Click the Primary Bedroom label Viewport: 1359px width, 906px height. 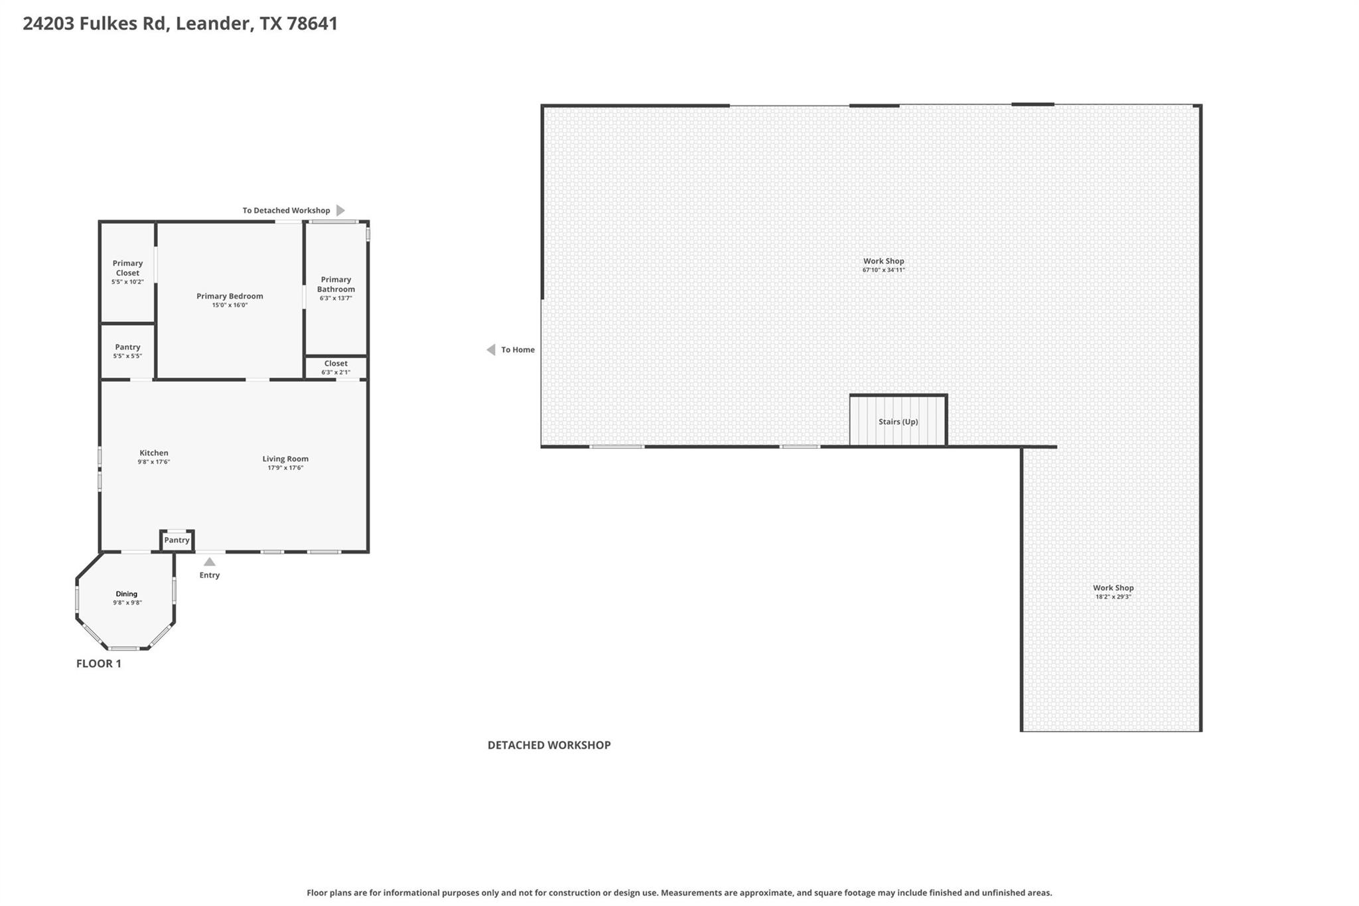tap(230, 296)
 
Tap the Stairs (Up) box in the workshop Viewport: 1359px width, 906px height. tap(898, 421)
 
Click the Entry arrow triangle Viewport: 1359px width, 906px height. tap(209, 562)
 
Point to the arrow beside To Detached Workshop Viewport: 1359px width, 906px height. tap(340, 210)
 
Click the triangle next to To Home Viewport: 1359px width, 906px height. tap(491, 350)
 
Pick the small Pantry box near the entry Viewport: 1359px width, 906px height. tap(177, 540)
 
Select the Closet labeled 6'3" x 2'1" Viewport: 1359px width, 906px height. tap(336, 368)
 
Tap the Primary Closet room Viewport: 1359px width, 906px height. tap(127, 272)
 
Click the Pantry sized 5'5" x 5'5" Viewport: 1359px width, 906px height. tap(127, 351)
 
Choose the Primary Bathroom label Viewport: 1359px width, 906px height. tap(336, 284)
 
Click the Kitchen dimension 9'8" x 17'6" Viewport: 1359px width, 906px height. tap(154, 462)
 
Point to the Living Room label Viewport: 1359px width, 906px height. tap(285, 459)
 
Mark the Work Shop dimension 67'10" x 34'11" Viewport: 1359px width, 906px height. tap(883, 270)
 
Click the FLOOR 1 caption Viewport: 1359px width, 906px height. tap(99, 663)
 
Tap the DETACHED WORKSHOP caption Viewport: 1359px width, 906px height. tap(549, 745)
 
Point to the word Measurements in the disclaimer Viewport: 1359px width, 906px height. tap(687, 893)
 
